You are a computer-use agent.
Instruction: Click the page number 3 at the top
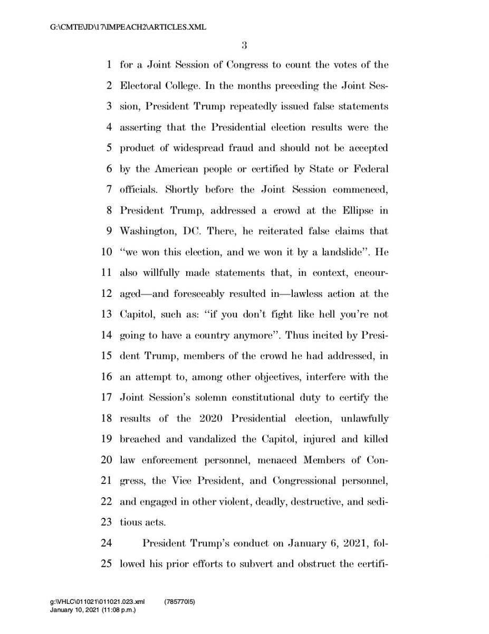coord(244,46)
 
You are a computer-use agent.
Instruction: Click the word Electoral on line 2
coord(139,86)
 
